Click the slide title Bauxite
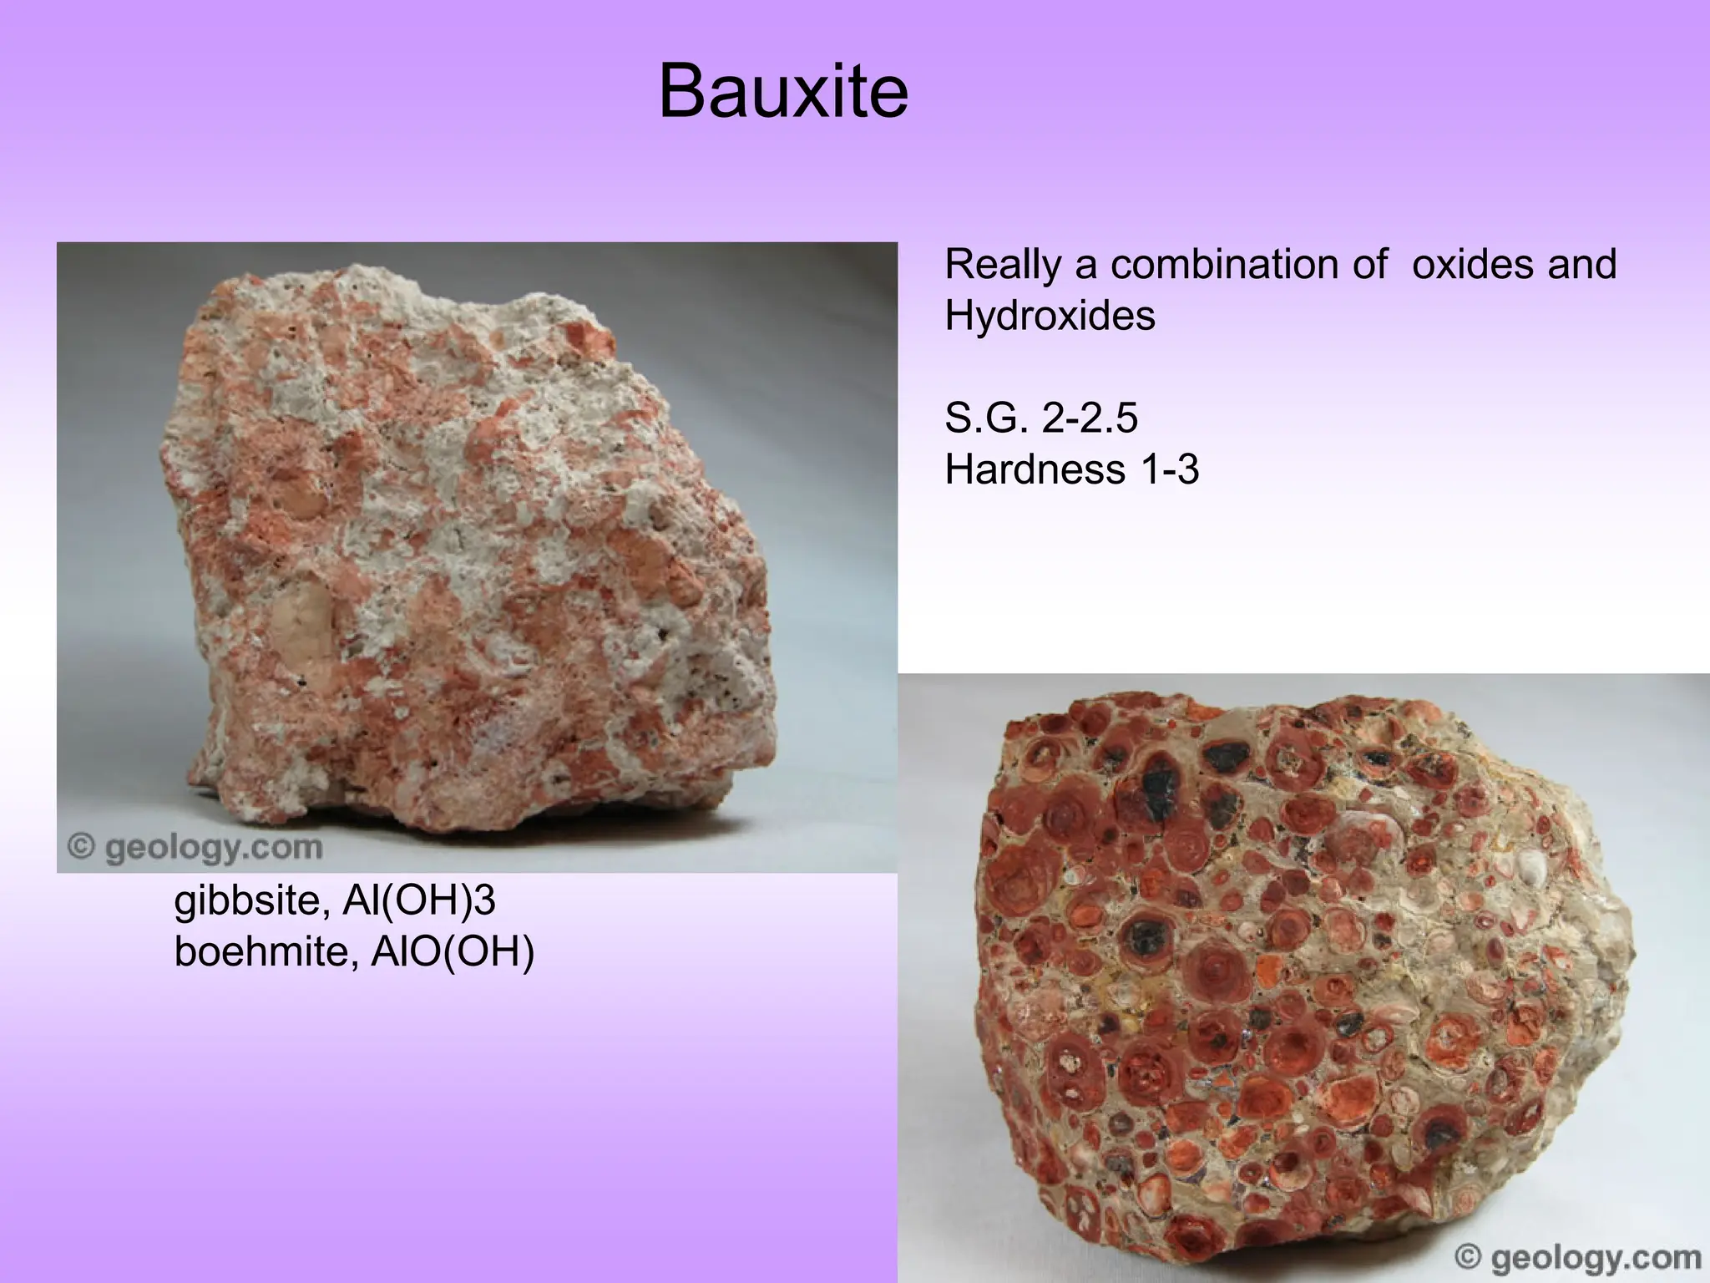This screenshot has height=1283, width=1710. pos(782,92)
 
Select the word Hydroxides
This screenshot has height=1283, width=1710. pos(1050,317)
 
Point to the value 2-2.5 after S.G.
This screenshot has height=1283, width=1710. pos(1090,418)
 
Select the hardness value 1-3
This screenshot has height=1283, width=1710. pos(1170,469)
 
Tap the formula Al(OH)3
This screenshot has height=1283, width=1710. pos(420,901)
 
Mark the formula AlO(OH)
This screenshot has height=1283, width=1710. pos(452,953)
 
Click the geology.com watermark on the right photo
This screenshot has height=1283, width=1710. pos(1591,1258)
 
